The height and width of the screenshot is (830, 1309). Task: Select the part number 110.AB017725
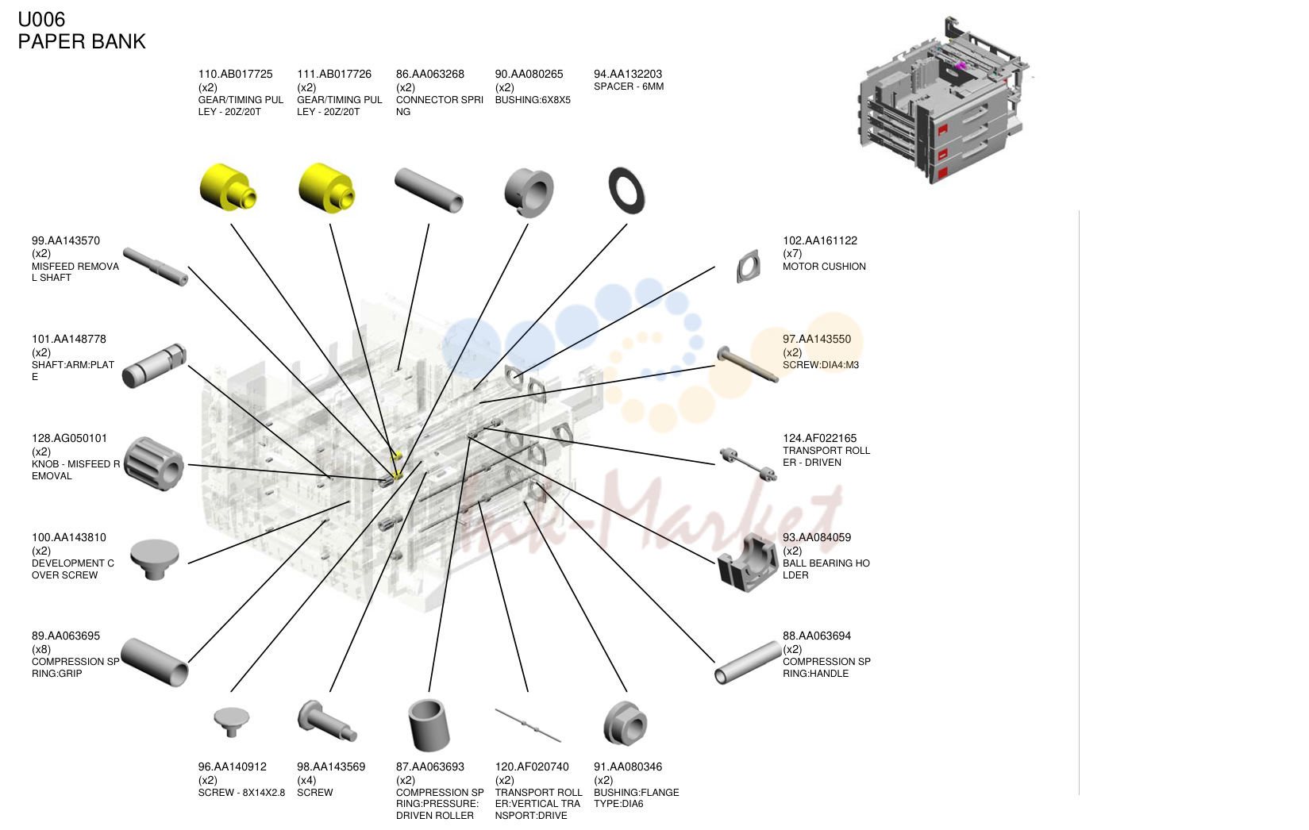(x=235, y=74)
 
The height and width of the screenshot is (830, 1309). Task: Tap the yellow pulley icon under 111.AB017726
(x=326, y=187)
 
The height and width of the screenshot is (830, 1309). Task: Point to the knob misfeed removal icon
(x=154, y=463)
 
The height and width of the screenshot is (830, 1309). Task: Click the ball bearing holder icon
(x=748, y=563)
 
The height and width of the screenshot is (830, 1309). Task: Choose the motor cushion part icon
(x=749, y=267)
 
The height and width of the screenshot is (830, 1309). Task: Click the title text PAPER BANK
(x=82, y=41)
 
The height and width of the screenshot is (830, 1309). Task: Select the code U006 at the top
(x=41, y=20)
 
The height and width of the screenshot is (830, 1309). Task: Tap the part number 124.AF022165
(x=819, y=438)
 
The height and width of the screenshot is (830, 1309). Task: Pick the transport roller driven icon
(x=748, y=464)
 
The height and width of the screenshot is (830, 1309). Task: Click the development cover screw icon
(x=154, y=559)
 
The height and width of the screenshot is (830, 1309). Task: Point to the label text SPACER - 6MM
(x=629, y=86)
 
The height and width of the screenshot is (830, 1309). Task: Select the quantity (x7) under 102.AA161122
(x=792, y=253)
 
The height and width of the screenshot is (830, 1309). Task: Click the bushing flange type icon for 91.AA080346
(x=625, y=724)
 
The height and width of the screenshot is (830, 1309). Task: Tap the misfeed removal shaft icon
(x=156, y=267)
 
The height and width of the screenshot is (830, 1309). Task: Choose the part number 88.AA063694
(x=817, y=636)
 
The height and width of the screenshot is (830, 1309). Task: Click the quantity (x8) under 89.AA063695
(x=41, y=649)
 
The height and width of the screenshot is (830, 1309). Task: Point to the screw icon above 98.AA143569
(x=327, y=720)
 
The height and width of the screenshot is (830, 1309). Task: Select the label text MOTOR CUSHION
(x=824, y=267)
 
